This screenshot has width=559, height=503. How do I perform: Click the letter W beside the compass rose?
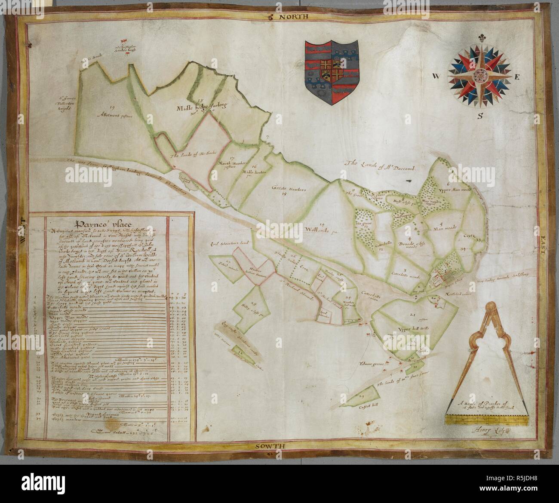[436, 77]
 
